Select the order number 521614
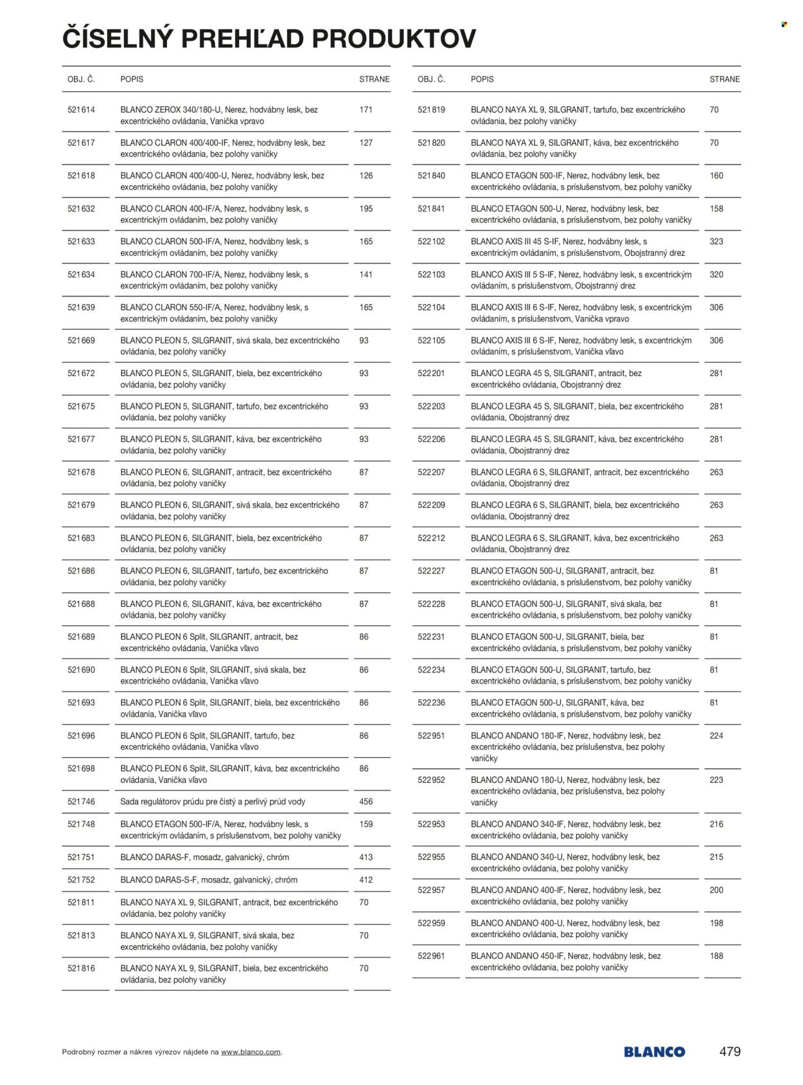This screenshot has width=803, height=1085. click(81, 110)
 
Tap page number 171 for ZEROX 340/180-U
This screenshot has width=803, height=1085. click(366, 110)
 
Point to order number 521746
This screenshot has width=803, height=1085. click(81, 802)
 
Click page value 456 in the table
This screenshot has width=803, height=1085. click(366, 802)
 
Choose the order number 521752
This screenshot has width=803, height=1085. click(81, 880)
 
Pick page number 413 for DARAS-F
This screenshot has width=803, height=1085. click(366, 857)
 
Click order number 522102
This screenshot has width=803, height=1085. click(431, 242)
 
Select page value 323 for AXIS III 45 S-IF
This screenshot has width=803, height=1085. click(716, 242)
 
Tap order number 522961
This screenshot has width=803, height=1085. click(431, 956)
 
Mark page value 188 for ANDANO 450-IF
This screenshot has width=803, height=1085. click(716, 956)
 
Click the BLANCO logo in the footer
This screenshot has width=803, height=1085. click(654, 1052)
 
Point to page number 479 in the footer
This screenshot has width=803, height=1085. click(730, 1052)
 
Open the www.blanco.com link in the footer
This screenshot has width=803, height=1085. click(251, 1052)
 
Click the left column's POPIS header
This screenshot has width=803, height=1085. click(132, 79)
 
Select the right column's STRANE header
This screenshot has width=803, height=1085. click(724, 79)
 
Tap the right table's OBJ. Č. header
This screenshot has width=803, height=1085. click(431, 79)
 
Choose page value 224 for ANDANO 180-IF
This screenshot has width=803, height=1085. click(716, 736)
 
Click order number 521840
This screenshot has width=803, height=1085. click(431, 175)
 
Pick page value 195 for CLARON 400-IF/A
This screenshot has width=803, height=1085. click(366, 209)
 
